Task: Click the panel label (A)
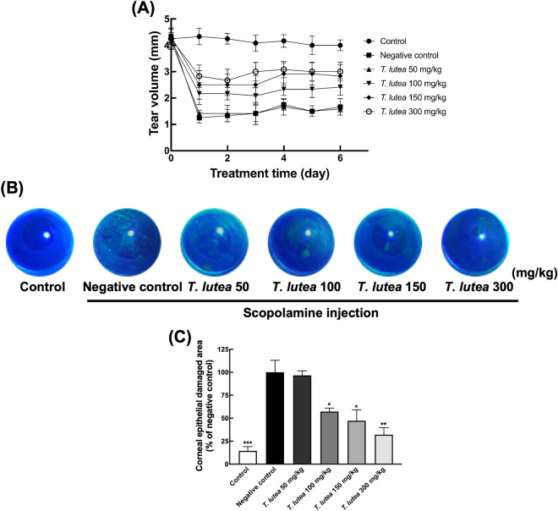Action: coord(142,9)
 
